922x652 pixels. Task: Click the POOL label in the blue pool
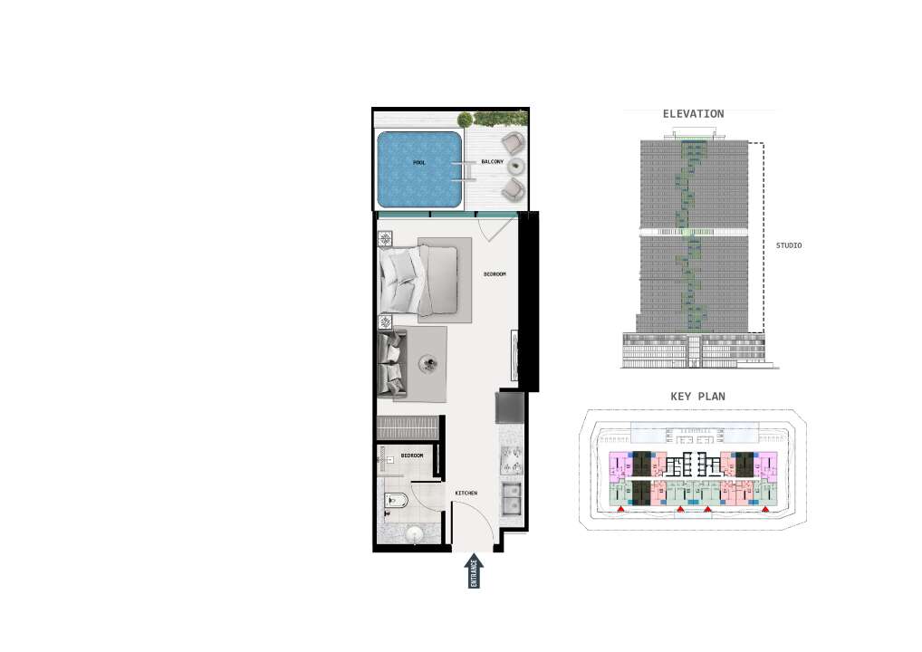click(x=419, y=162)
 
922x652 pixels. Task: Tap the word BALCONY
click(x=492, y=162)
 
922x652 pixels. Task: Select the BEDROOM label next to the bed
click(x=495, y=274)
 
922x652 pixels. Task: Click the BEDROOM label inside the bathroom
click(x=412, y=455)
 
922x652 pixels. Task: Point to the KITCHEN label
click(x=466, y=493)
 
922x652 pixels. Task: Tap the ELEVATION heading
click(x=693, y=114)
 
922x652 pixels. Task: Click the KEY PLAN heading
click(x=698, y=397)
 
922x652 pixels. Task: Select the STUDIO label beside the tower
click(x=789, y=245)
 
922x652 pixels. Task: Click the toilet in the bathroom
click(x=396, y=501)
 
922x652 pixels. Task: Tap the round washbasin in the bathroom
click(x=416, y=535)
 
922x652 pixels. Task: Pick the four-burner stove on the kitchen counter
click(x=511, y=460)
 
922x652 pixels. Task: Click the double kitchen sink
click(x=511, y=498)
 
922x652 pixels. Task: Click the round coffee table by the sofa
click(x=427, y=364)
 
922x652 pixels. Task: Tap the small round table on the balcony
click(x=515, y=166)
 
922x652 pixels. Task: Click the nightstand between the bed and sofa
click(x=385, y=322)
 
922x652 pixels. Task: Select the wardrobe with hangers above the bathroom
click(x=408, y=427)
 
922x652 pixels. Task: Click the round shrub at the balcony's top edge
click(x=465, y=120)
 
